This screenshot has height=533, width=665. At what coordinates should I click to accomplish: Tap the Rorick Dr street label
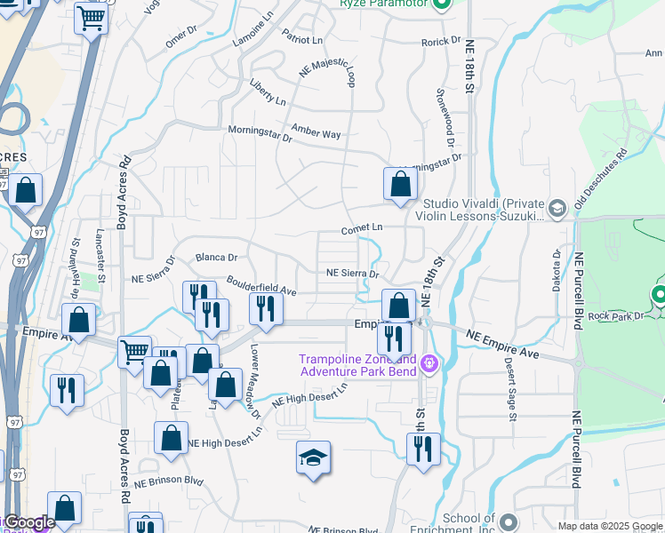point(441,41)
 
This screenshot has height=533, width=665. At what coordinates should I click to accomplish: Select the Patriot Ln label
point(302,40)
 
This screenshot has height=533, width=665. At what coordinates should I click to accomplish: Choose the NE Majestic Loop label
point(327,74)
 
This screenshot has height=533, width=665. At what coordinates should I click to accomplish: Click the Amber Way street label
point(316,134)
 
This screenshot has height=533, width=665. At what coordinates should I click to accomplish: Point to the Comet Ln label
point(363,228)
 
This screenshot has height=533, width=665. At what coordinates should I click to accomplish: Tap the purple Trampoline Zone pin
point(431,363)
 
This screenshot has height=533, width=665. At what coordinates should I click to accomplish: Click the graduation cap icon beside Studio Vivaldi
point(557,208)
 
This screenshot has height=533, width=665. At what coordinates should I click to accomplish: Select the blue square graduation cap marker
point(313,457)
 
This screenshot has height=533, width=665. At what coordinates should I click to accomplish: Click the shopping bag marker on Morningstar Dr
point(401,184)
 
